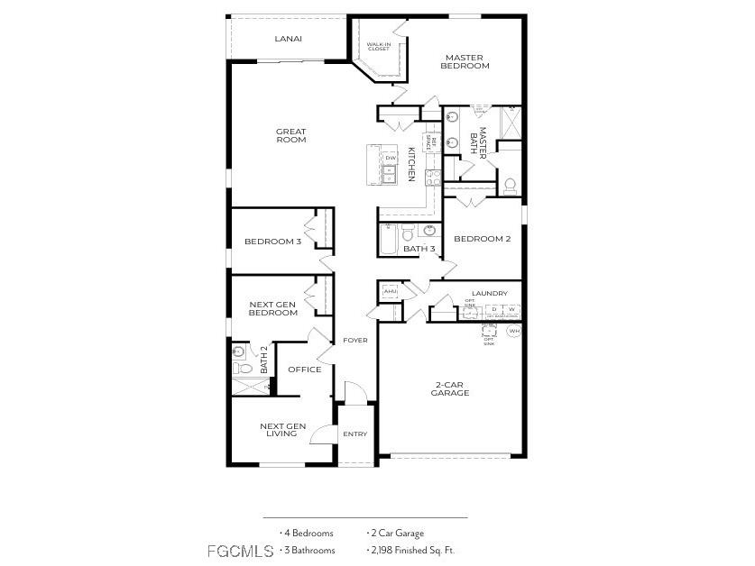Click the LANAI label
[x=289, y=39]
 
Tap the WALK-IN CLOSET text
[x=378, y=46]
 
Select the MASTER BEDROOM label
[x=465, y=61]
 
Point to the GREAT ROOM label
[x=291, y=136]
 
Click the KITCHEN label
[x=411, y=165]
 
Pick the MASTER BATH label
[x=477, y=143]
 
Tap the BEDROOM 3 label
[x=272, y=242]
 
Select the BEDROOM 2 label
[x=482, y=239]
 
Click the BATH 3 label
[x=419, y=249]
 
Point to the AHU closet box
[x=390, y=292]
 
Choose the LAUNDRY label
[x=489, y=293]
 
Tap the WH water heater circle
[x=514, y=332]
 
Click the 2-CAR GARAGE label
[x=449, y=388]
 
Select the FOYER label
[x=354, y=340]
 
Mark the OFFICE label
[x=304, y=370]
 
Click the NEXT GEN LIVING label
[x=282, y=430]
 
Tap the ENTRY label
[x=354, y=434]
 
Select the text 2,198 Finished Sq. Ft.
[x=414, y=550]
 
